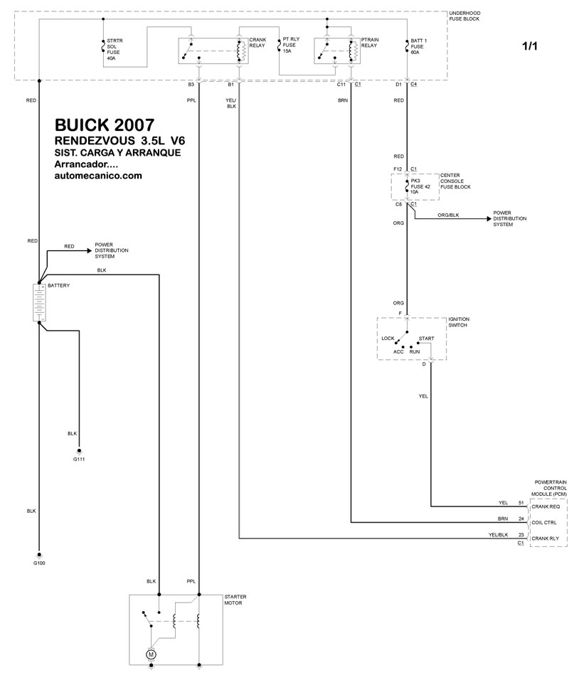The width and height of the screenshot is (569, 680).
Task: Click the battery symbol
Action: (x=39, y=303)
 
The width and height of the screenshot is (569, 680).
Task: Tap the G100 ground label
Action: (x=39, y=563)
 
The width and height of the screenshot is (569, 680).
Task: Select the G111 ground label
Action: (x=79, y=459)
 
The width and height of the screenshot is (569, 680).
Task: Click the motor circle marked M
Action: (x=151, y=654)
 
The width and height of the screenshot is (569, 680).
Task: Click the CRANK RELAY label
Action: (x=257, y=43)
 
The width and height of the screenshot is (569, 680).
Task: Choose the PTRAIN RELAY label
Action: (x=370, y=43)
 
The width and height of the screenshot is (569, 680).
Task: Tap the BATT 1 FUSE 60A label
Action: (x=418, y=46)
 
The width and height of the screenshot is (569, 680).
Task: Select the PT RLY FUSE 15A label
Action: (x=291, y=45)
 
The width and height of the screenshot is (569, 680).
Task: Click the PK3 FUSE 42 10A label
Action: (x=420, y=186)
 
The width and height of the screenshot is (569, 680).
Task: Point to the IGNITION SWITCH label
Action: (x=459, y=322)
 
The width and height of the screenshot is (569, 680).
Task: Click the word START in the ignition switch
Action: (x=426, y=339)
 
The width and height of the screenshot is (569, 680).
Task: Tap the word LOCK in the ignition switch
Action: (x=388, y=339)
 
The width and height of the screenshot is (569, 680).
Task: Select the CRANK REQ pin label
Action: (x=546, y=506)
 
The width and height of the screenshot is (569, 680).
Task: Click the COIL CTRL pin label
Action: (x=544, y=523)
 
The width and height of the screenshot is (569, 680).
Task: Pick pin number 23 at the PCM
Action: (x=521, y=535)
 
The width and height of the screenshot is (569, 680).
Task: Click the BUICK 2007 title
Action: (x=105, y=125)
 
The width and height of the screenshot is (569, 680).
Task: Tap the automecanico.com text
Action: (x=98, y=176)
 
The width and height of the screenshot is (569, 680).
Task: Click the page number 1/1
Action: (x=530, y=46)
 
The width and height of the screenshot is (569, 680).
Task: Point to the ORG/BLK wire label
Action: (x=448, y=215)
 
